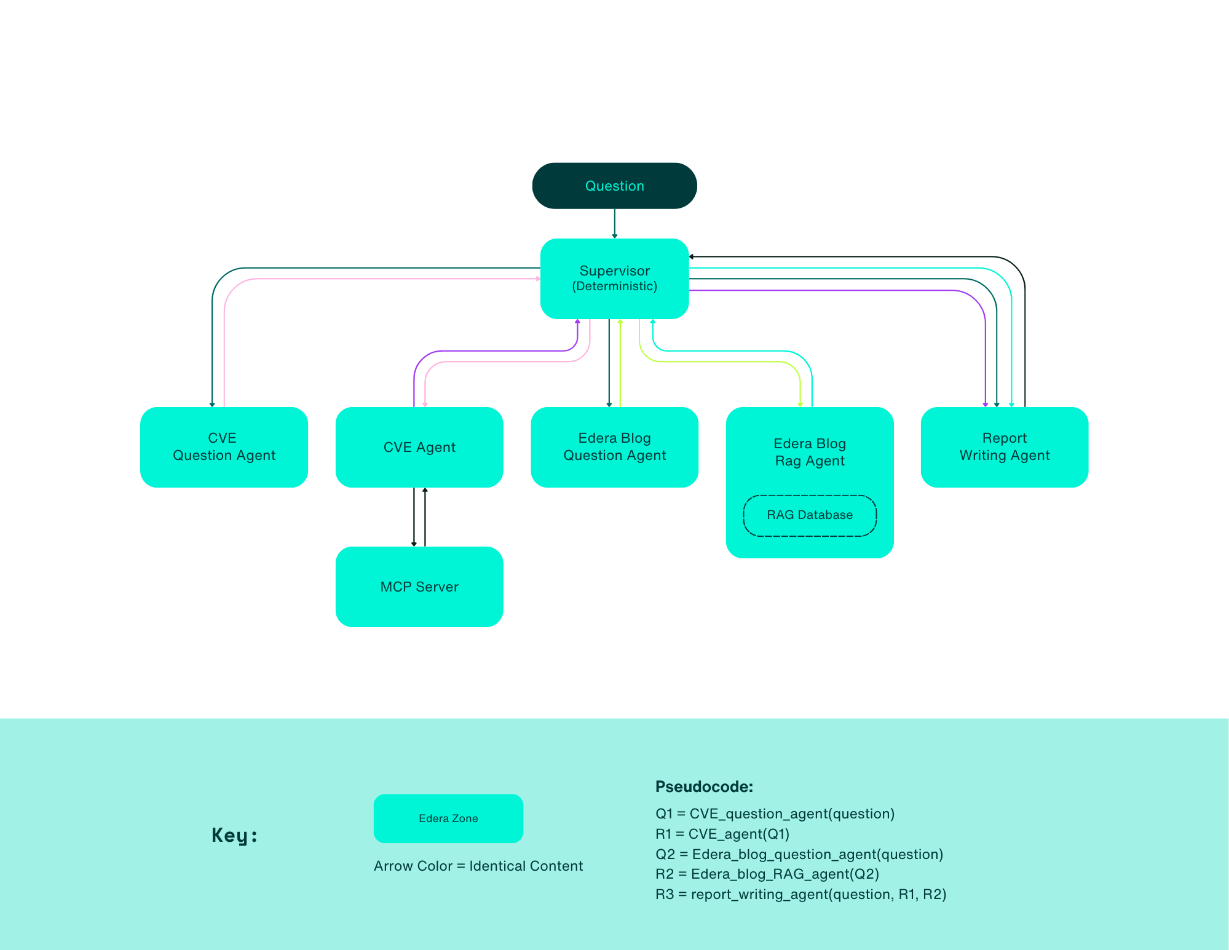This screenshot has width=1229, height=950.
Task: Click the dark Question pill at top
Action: (614, 186)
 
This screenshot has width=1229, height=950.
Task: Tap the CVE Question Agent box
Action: (224, 447)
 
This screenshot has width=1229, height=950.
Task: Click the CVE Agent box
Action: (419, 447)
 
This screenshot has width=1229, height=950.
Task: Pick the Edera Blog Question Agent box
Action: (614, 447)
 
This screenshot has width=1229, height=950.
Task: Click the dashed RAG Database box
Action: (810, 515)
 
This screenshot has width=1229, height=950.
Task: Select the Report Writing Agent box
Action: (1004, 447)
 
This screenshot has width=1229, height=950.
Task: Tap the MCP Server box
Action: (419, 587)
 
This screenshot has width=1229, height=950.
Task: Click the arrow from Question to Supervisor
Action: (614, 223)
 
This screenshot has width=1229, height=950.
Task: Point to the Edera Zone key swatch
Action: (448, 818)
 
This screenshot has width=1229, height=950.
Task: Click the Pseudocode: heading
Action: (704, 786)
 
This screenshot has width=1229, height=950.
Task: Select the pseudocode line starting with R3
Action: (800, 894)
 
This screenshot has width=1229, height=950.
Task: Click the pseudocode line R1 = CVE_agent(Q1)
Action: (722, 834)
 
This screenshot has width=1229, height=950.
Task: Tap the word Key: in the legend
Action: (234, 835)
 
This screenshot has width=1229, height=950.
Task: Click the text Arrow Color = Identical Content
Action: (478, 866)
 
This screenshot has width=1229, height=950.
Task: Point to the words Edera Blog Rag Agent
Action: (810, 452)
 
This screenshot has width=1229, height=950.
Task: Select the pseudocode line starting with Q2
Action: (799, 854)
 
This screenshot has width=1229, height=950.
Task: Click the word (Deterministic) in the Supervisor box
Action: (614, 287)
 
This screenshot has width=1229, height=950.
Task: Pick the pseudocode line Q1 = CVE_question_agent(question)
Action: (775, 813)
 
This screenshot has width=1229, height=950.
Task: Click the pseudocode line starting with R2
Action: (767, 874)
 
